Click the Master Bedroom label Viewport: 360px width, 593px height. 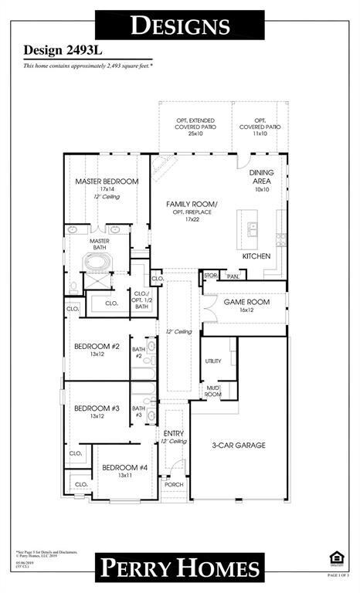(x=107, y=181)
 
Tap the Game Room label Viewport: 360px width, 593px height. (x=246, y=302)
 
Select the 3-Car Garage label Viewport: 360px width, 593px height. (x=239, y=445)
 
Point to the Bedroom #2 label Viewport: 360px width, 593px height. (x=97, y=347)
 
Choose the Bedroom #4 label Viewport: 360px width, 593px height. (x=124, y=467)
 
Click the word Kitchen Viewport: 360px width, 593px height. (x=256, y=256)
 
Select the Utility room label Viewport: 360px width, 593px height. (x=213, y=361)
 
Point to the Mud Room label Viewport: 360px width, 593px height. (x=212, y=391)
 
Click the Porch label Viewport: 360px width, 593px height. (x=173, y=484)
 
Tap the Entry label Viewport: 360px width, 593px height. (x=174, y=433)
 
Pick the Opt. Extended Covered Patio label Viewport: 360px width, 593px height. (x=195, y=126)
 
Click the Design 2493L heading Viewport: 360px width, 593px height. (x=59, y=50)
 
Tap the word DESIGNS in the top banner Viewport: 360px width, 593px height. (x=180, y=25)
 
